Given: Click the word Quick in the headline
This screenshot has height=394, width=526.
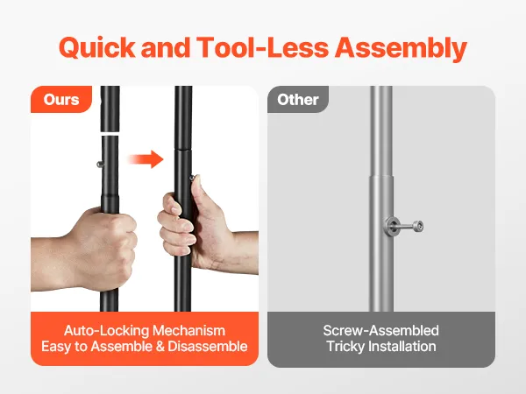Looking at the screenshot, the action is tap(97, 47).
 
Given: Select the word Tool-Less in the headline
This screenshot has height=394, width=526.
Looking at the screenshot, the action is tap(262, 47).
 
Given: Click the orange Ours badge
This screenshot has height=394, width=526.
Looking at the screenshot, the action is tap(61, 100).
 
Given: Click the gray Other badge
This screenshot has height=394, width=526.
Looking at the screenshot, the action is tap(298, 100).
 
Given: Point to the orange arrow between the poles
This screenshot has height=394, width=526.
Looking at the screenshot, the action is tap(146, 158).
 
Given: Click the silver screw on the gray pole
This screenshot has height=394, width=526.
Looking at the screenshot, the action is tap(404, 226).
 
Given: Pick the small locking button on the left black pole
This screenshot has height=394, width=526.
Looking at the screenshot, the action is tap(100, 165).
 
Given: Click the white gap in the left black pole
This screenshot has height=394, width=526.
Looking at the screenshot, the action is tap(110, 134).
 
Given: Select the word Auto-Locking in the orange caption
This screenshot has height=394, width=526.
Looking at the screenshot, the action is tap(106, 331).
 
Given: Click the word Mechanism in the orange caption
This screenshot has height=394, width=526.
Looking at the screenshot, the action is tap(188, 331).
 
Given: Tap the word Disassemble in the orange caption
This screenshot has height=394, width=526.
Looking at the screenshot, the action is tap(208, 347).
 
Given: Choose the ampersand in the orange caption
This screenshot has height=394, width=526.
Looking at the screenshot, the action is tap(160, 347).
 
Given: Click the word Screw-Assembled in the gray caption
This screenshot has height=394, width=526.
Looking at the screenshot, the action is tap(381, 331).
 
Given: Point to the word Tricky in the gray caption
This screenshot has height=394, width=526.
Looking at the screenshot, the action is tap(346, 347).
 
